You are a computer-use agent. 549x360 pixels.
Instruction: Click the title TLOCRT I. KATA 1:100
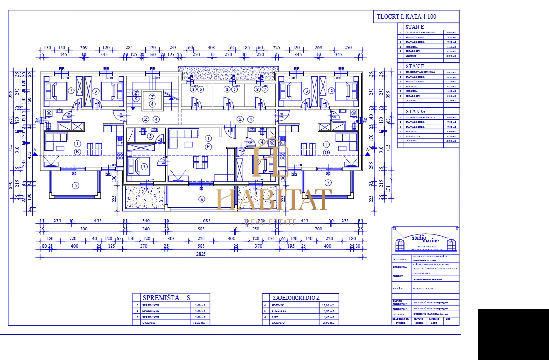(407, 17)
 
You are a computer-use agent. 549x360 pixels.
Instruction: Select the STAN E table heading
(414, 27)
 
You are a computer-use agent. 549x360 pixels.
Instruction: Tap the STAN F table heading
(414, 66)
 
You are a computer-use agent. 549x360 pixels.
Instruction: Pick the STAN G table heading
(414, 111)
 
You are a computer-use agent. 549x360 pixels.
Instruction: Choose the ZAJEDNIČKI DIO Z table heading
(294, 298)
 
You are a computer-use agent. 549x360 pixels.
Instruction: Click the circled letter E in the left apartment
(78, 152)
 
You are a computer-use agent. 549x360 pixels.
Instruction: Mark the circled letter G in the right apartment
(326, 152)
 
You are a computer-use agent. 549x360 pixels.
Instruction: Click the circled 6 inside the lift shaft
(152, 104)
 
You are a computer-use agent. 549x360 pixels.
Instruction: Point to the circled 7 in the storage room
(264, 89)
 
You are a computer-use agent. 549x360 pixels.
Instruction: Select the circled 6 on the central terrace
(202, 199)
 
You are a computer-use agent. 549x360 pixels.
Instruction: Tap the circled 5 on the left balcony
(75, 185)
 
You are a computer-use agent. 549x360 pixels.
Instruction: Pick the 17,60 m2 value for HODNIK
(328, 305)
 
